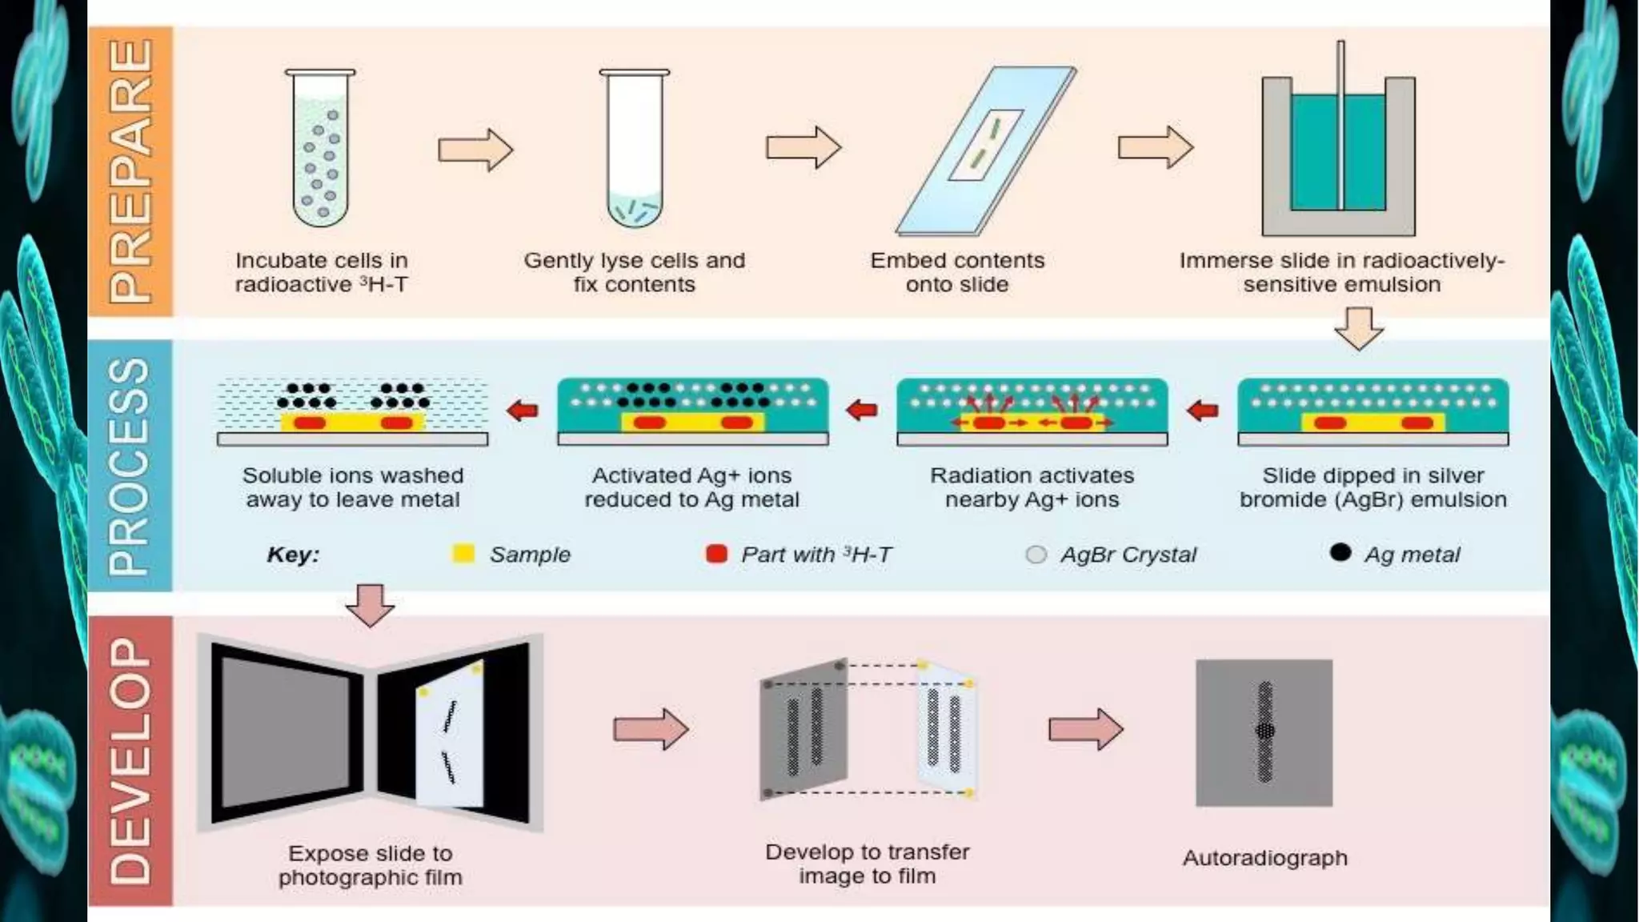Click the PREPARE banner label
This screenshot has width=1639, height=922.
(130, 170)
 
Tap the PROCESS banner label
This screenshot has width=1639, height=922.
(130, 466)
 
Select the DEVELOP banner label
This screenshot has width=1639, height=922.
(130, 760)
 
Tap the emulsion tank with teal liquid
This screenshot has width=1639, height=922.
(1338, 152)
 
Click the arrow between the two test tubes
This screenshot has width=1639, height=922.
(475, 149)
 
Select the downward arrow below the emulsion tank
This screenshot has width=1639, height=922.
(1359, 328)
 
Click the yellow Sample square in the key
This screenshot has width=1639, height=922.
(463, 553)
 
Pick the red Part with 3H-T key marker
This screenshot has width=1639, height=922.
(716, 553)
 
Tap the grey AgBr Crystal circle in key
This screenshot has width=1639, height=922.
(1036, 554)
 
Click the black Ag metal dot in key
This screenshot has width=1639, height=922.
(1340, 552)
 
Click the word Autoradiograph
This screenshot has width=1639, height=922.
(1264, 858)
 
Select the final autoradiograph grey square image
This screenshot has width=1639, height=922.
(1264, 732)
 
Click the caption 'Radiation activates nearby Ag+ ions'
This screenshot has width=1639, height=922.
(1032, 487)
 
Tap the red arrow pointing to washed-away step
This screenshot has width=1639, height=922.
(523, 411)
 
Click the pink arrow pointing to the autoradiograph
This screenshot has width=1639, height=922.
(1086, 729)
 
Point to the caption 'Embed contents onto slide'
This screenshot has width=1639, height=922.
(957, 272)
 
